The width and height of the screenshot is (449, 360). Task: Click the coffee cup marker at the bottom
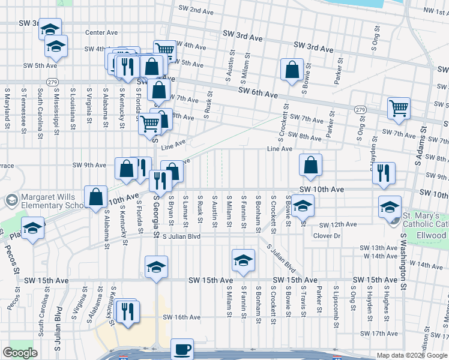182,349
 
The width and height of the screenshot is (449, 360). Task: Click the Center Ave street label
101,32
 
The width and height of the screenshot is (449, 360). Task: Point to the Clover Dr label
327,236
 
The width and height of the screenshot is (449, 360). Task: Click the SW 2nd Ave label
196,11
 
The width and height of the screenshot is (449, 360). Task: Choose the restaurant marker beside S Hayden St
383,173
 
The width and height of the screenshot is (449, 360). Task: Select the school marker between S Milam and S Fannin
243,260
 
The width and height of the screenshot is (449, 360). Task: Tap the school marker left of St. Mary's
390,207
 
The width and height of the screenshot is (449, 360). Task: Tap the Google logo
20,353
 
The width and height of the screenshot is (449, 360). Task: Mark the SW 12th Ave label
337,225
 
